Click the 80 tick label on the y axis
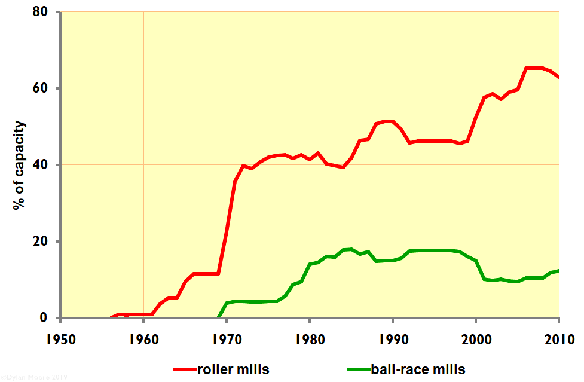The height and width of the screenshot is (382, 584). [43, 12]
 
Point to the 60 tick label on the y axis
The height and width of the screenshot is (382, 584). [43, 88]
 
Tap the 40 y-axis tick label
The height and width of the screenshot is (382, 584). [43, 165]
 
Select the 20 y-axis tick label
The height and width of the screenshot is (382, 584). [43, 242]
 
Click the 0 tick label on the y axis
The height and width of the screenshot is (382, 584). [47, 318]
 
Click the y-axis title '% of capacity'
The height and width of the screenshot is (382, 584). [20, 165]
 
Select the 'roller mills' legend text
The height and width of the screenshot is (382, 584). [238, 369]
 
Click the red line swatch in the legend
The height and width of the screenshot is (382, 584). [185, 369]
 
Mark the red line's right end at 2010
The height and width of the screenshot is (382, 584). [558, 77]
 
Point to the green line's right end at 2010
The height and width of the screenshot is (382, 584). [558, 271]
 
